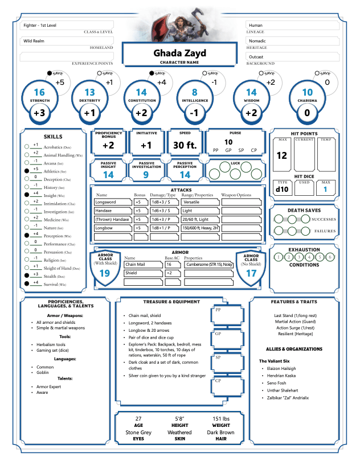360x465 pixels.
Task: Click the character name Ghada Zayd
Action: pyautogui.click(x=179, y=54)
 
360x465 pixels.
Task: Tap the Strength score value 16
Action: pyautogui.click(x=39, y=92)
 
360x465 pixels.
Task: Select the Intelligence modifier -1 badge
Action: pyautogui.click(x=195, y=113)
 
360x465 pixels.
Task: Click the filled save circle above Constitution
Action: pyautogui.click(x=152, y=73)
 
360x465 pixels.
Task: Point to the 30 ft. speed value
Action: pyautogui.click(x=185, y=145)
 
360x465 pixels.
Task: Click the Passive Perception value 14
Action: pyautogui.click(x=185, y=175)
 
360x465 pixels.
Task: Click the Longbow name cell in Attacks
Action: pyautogui.click(x=112, y=228)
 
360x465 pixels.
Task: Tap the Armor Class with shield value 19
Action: pyautogui.click(x=105, y=273)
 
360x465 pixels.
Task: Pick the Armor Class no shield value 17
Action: pyautogui.click(x=251, y=273)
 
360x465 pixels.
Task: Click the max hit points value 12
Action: pyautogui.click(x=281, y=155)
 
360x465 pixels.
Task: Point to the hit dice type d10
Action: pyautogui.click(x=282, y=189)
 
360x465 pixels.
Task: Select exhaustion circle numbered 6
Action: pyautogui.click(x=330, y=257)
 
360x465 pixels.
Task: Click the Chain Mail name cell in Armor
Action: pyautogui.click(x=142, y=265)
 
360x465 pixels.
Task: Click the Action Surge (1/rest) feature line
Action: pyautogui.click(x=294, y=328)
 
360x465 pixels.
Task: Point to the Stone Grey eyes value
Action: pyautogui.click(x=138, y=433)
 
